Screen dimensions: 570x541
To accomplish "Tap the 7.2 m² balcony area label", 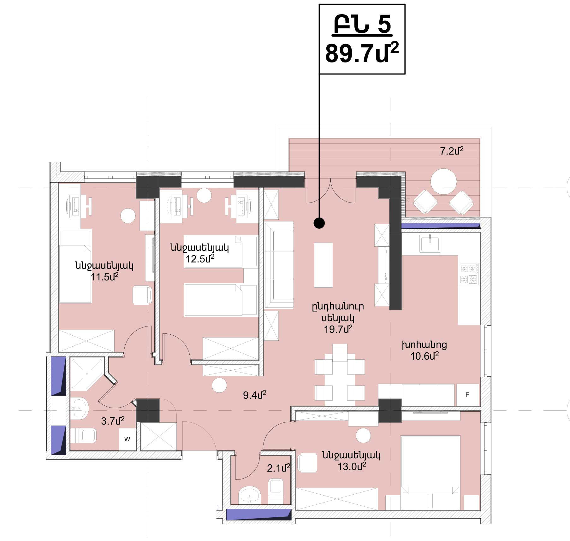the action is pyautogui.click(x=452, y=151).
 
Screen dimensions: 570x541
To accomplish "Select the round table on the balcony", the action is pyautogui.click(x=443, y=181).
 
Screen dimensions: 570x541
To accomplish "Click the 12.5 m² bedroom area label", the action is pyautogui.click(x=200, y=259).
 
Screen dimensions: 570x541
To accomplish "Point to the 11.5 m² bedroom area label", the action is pyautogui.click(x=104, y=277).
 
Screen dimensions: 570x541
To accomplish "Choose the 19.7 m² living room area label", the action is pyautogui.click(x=338, y=329).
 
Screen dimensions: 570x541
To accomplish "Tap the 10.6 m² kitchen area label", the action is pyautogui.click(x=425, y=356).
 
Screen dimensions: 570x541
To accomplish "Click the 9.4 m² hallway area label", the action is pyautogui.click(x=255, y=395).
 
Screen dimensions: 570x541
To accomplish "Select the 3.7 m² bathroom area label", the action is pyautogui.click(x=113, y=421).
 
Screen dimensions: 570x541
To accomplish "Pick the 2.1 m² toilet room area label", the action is pyautogui.click(x=278, y=468).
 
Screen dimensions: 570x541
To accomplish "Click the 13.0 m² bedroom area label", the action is pyautogui.click(x=352, y=466).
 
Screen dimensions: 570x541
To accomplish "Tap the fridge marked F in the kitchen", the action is pyautogui.click(x=467, y=395).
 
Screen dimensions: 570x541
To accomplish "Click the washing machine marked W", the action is pyautogui.click(x=127, y=439).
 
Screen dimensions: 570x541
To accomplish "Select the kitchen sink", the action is pyautogui.click(x=430, y=243).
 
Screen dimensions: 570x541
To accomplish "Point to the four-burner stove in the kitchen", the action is pyautogui.click(x=469, y=274).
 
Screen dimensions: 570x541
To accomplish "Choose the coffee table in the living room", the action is pyautogui.click(x=323, y=265).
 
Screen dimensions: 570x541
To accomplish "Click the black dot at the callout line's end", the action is pyautogui.click(x=319, y=223).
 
